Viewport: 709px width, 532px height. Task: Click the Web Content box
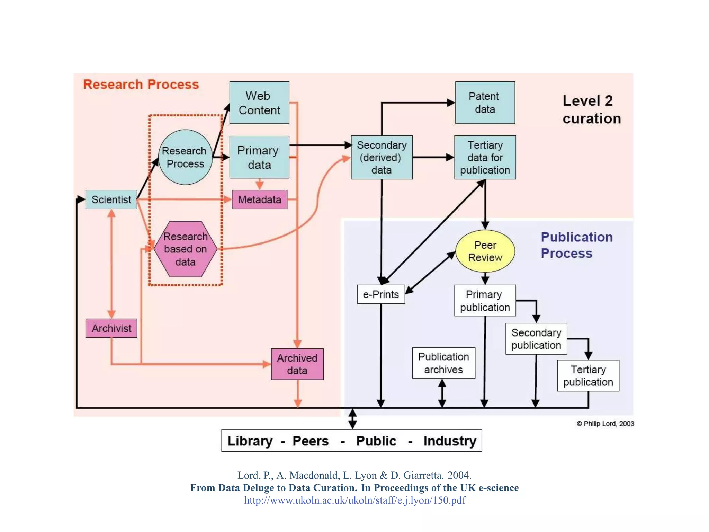tap(259, 103)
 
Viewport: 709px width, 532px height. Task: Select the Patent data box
tap(485, 103)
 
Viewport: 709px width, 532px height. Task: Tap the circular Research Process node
tap(185, 157)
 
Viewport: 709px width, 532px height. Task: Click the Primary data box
tap(259, 157)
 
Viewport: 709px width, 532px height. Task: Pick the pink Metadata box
tap(259, 199)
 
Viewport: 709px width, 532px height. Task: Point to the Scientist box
tap(111, 199)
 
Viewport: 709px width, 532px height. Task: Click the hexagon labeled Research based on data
tap(185, 249)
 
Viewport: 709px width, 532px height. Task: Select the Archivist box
tap(111, 328)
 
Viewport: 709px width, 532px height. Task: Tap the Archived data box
tap(297, 364)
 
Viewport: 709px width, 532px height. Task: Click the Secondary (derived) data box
tap(382, 157)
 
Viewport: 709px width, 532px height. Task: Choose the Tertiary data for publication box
tap(485, 157)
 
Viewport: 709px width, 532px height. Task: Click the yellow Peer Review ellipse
tap(485, 251)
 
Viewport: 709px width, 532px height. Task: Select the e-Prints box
tap(381, 294)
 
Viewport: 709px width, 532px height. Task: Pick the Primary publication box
tap(485, 301)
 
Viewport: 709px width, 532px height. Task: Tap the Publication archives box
tap(443, 363)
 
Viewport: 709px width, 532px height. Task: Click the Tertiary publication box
tap(588, 376)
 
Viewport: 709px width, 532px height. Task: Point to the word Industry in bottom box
tap(450, 441)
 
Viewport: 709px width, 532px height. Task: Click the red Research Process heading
tap(141, 85)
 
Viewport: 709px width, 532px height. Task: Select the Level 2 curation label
tap(591, 109)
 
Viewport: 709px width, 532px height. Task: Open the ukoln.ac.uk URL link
tap(355, 500)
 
